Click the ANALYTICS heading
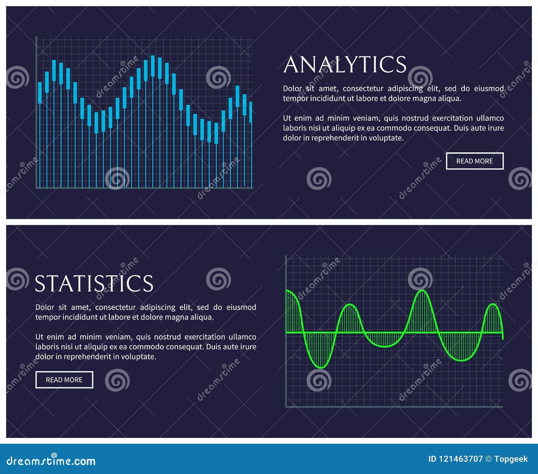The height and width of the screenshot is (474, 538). (x=345, y=65)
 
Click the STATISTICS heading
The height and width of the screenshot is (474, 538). (x=94, y=284)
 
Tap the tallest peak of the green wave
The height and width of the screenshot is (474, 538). (x=422, y=290)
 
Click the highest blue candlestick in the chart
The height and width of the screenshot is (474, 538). (x=153, y=66)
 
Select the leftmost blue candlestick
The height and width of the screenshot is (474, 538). (x=40, y=92)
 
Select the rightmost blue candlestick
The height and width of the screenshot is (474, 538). (x=251, y=112)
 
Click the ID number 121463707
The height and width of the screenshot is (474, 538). (x=460, y=459)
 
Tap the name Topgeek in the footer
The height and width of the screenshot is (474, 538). (x=511, y=459)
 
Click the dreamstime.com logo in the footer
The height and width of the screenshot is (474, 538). (x=51, y=461)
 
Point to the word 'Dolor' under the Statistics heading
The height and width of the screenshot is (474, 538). (x=45, y=307)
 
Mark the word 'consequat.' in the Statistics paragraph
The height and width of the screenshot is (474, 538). (x=184, y=347)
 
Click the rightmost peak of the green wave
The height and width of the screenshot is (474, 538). (x=493, y=304)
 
